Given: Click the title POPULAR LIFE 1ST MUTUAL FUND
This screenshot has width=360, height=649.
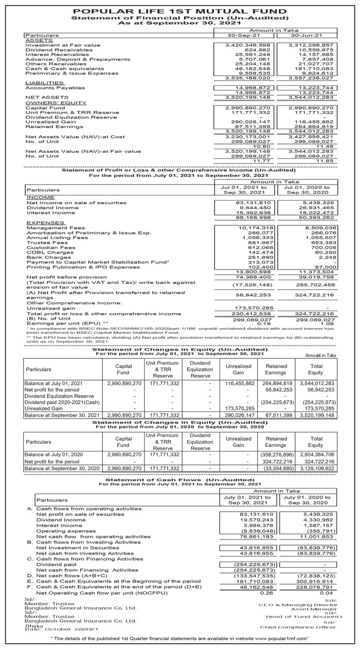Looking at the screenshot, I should pos(180,10).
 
